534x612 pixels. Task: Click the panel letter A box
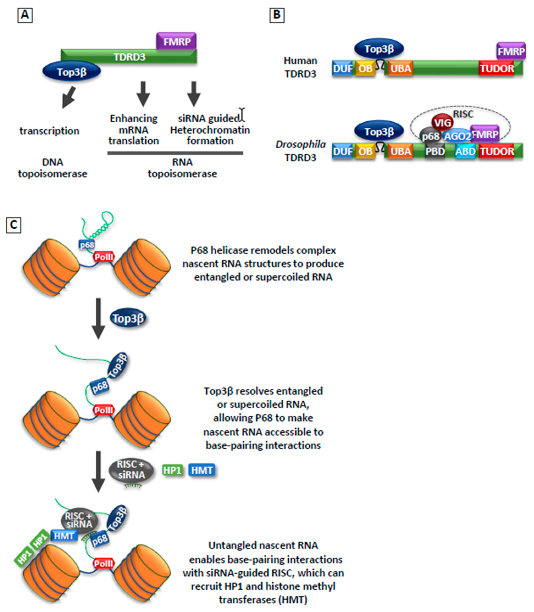click(x=25, y=15)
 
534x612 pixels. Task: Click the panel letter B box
click(x=277, y=15)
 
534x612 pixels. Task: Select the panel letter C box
click(x=13, y=225)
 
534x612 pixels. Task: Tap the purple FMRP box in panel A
click(x=176, y=41)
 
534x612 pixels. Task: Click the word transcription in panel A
click(x=49, y=131)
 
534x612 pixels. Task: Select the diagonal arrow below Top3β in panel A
click(x=69, y=97)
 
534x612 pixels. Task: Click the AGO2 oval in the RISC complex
click(x=457, y=136)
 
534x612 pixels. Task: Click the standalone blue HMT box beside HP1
click(x=202, y=470)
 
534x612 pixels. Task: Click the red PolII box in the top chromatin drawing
click(x=104, y=257)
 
